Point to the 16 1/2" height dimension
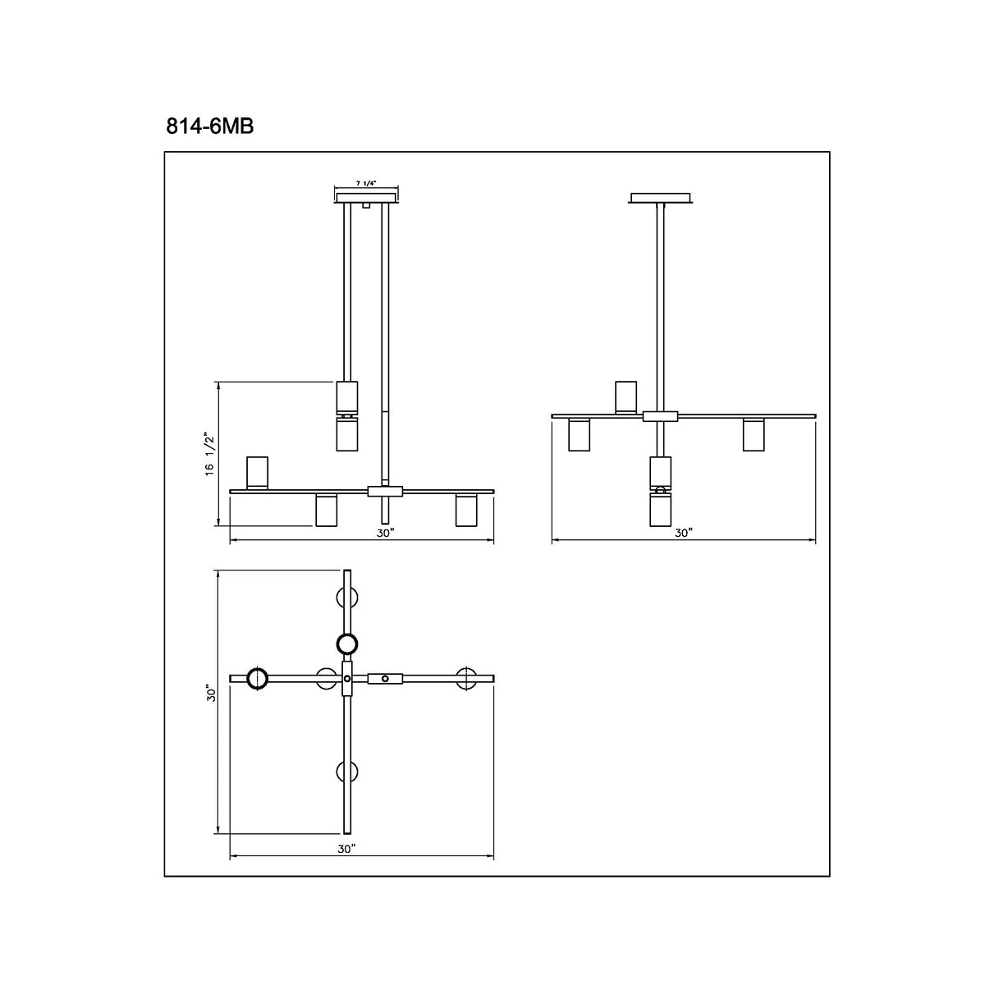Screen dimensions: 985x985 point(210,452)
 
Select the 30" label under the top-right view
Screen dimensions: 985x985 point(684,533)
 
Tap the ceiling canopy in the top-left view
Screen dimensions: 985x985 point(366,197)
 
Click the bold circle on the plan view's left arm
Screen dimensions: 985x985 point(257,678)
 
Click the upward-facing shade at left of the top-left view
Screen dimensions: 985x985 point(258,472)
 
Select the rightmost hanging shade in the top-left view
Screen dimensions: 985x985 point(466,511)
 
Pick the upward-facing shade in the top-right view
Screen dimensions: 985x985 point(626,396)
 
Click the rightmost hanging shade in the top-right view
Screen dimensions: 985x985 point(754,435)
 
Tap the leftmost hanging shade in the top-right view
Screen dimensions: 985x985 point(580,435)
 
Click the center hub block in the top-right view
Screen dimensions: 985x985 point(660,416)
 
